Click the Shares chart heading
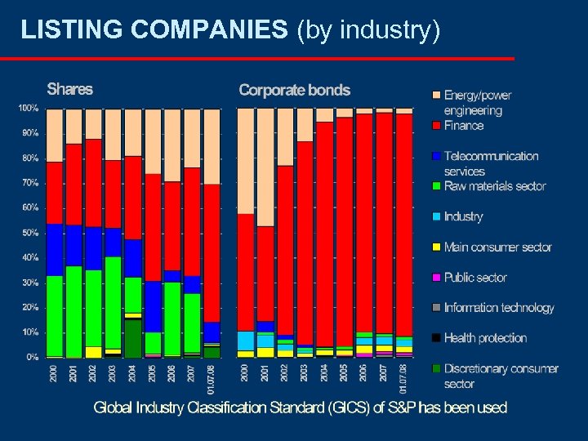(69, 89)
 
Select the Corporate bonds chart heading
(294, 90)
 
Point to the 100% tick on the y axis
(28, 108)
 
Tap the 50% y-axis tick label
(29, 233)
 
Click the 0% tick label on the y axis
(32, 357)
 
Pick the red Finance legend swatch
(437, 126)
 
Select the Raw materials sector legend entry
(494, 186)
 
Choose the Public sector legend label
(475, 278)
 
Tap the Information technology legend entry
(499, 308)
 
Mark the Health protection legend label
(485, 338)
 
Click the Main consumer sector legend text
(497, 247)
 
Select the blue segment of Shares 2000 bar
(55, 250)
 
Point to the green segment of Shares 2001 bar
(74, 311)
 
